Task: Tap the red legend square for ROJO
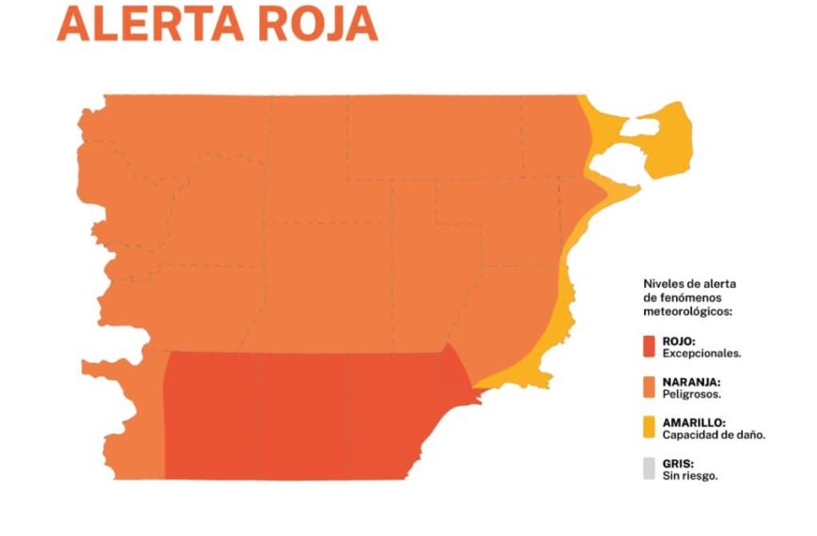pyautogui.click(x=649, y=347)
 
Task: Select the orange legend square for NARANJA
pyautogui.click(x=649, y=387)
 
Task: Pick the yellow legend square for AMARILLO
pyautogui.click(x=649, y=428)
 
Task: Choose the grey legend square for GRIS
pyautogui.click(x=649, y=468)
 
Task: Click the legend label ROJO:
pyautogui.click(x=681, y=341)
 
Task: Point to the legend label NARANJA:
pyautogui.click(x=691, y=382)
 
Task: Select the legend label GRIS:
pyautogui.click(x=678, y=463)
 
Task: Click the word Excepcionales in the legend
pyautogui.click(x=701, y=355)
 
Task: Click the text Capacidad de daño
pyautogui.click(x=714, y=435)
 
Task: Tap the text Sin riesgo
pyautogui.click(x=690, y=476)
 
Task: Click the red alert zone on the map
pyautogui.click(x=301, y=414)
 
